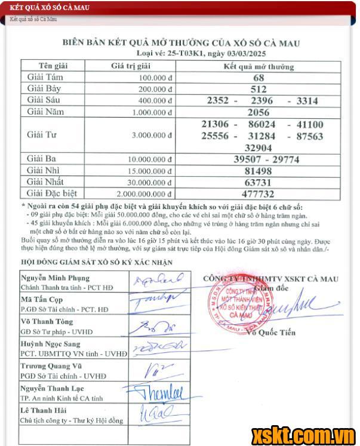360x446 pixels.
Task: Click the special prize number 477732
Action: (x=258, y=193)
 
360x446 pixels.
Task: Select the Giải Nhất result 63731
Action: (x=258, y=182)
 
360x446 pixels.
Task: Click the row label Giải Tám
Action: (x=45, y=78)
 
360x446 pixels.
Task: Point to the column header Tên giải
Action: (x=53, y=66)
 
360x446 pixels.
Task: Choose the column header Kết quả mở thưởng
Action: (x=259, y=66)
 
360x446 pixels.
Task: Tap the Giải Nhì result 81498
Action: (x=258, y=171)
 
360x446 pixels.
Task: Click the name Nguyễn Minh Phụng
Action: (x=55, y=278)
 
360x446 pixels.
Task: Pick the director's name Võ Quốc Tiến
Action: (x=274, y=333)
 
